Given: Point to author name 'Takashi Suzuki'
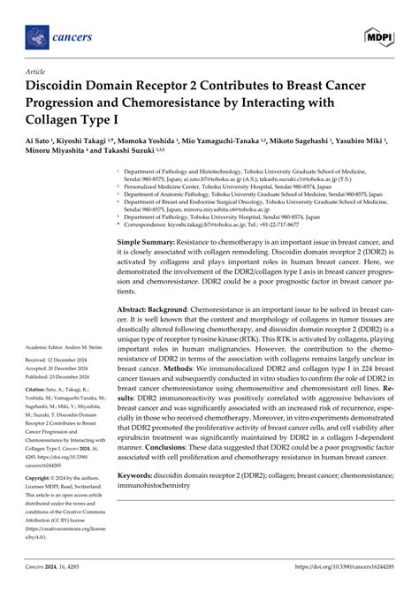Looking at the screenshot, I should pyautogui.click(x=123, y=151).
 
